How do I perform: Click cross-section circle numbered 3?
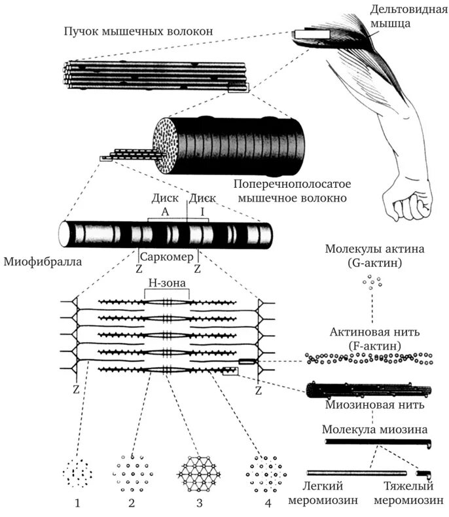click(199, 472)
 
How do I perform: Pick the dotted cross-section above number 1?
click(77, 472)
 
